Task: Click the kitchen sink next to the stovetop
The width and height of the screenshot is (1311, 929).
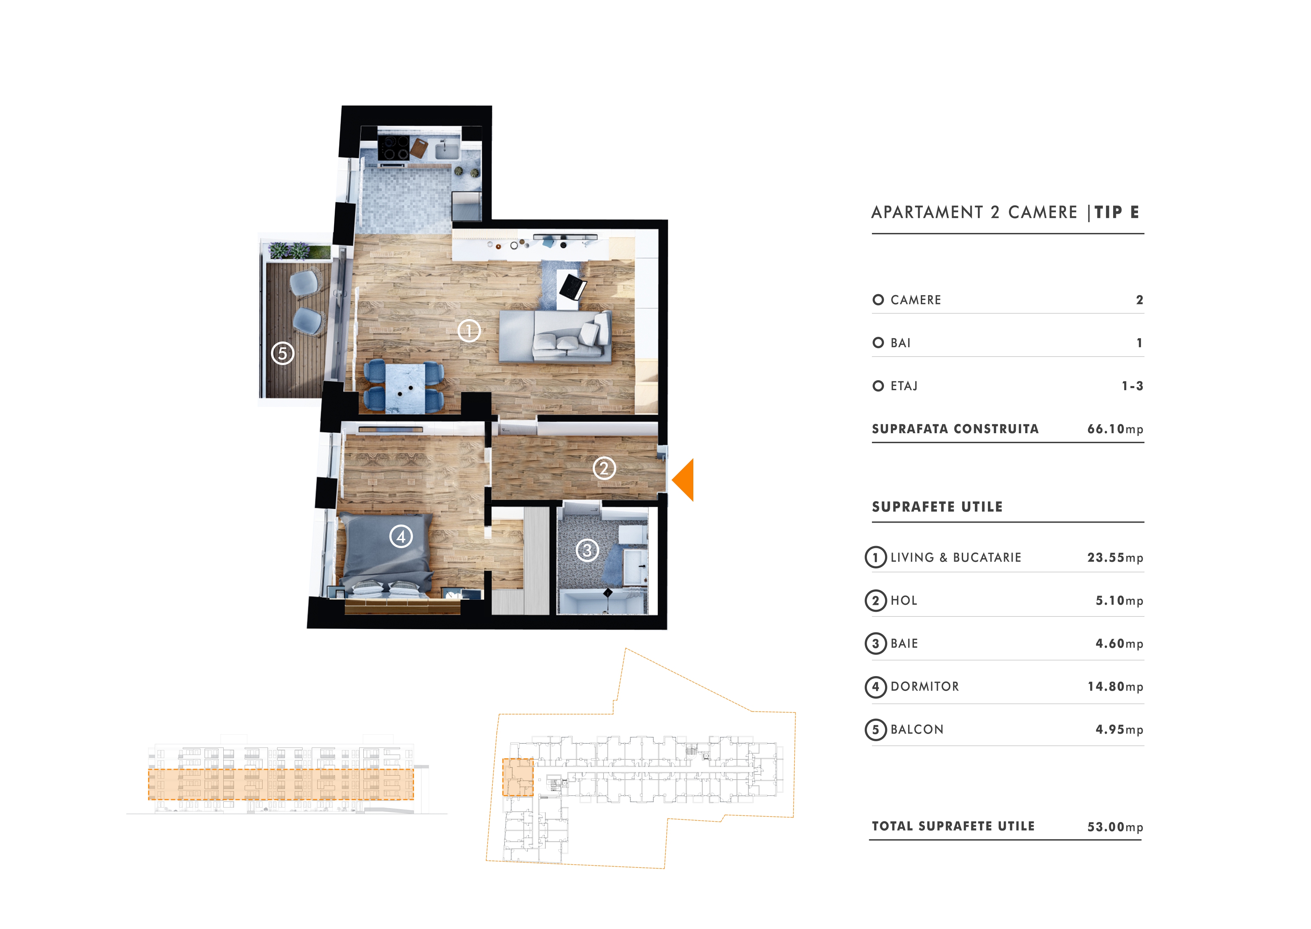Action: [447, 150]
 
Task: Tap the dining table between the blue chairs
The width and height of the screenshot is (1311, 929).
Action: [406, 388]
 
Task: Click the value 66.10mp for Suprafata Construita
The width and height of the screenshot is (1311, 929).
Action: [1115, 429]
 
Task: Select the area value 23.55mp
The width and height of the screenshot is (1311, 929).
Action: [1115, 558]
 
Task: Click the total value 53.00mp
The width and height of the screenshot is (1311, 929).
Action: [1115, 827]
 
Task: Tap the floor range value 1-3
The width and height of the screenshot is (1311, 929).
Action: [1132, 386]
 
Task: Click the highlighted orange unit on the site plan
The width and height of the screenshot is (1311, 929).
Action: [518, 777]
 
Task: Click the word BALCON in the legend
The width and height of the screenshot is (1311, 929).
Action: [917, 729]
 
